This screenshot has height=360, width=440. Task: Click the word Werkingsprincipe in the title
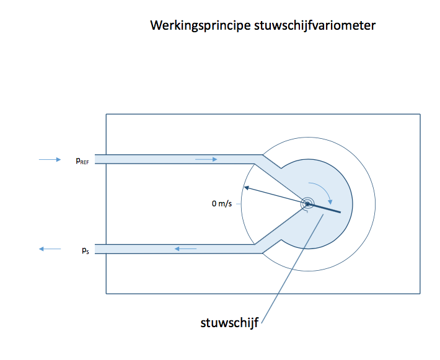[x=200, y=25]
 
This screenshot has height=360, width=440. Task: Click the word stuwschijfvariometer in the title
[x=315, y=25]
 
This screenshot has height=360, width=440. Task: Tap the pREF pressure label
[x=82, y=160]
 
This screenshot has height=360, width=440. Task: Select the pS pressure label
[x=86, y=250]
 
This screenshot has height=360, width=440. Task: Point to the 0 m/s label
[x=222, y=203]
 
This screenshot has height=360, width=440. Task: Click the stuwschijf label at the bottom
[x=229, y=323]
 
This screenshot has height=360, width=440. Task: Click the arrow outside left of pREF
[x=50, y=160]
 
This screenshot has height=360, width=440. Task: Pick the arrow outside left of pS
[x=50, y=249]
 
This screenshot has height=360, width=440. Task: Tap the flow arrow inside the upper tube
[x=206, y=159]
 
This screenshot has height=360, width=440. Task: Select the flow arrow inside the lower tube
[x=185, y=248]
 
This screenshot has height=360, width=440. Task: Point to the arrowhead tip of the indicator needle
[x=244, y=187]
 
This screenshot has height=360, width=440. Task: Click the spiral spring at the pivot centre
[x=307, y=204]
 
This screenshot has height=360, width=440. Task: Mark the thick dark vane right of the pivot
[x=324, y=208]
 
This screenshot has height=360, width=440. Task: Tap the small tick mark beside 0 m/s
[x=238, y=204]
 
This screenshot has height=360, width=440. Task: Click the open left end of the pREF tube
[x=95, y=159]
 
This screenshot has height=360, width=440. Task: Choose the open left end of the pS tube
[x=95, y=249]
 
